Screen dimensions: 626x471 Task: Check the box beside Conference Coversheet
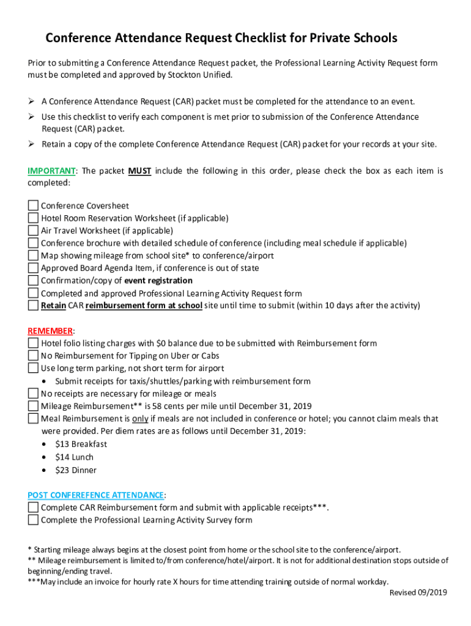pos(33,206)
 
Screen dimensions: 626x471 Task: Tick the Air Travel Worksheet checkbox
pos(33,231)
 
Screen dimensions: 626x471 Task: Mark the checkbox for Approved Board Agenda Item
pos(33,268)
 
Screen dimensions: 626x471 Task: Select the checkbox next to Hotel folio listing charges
pos(33,344)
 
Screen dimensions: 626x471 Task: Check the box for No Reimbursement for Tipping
pos(33,356)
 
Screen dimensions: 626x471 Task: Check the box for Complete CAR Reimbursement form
pos(33,508)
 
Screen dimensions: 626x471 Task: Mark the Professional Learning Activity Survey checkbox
pos(33,520)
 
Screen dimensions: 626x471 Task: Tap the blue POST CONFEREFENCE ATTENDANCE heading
pos(95,495)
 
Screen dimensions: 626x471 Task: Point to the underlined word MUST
pos(139,171)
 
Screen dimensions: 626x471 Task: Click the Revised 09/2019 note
pos(419,593)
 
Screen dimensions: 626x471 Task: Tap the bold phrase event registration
pos(158,281)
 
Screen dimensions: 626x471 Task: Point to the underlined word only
pos(140,419)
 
